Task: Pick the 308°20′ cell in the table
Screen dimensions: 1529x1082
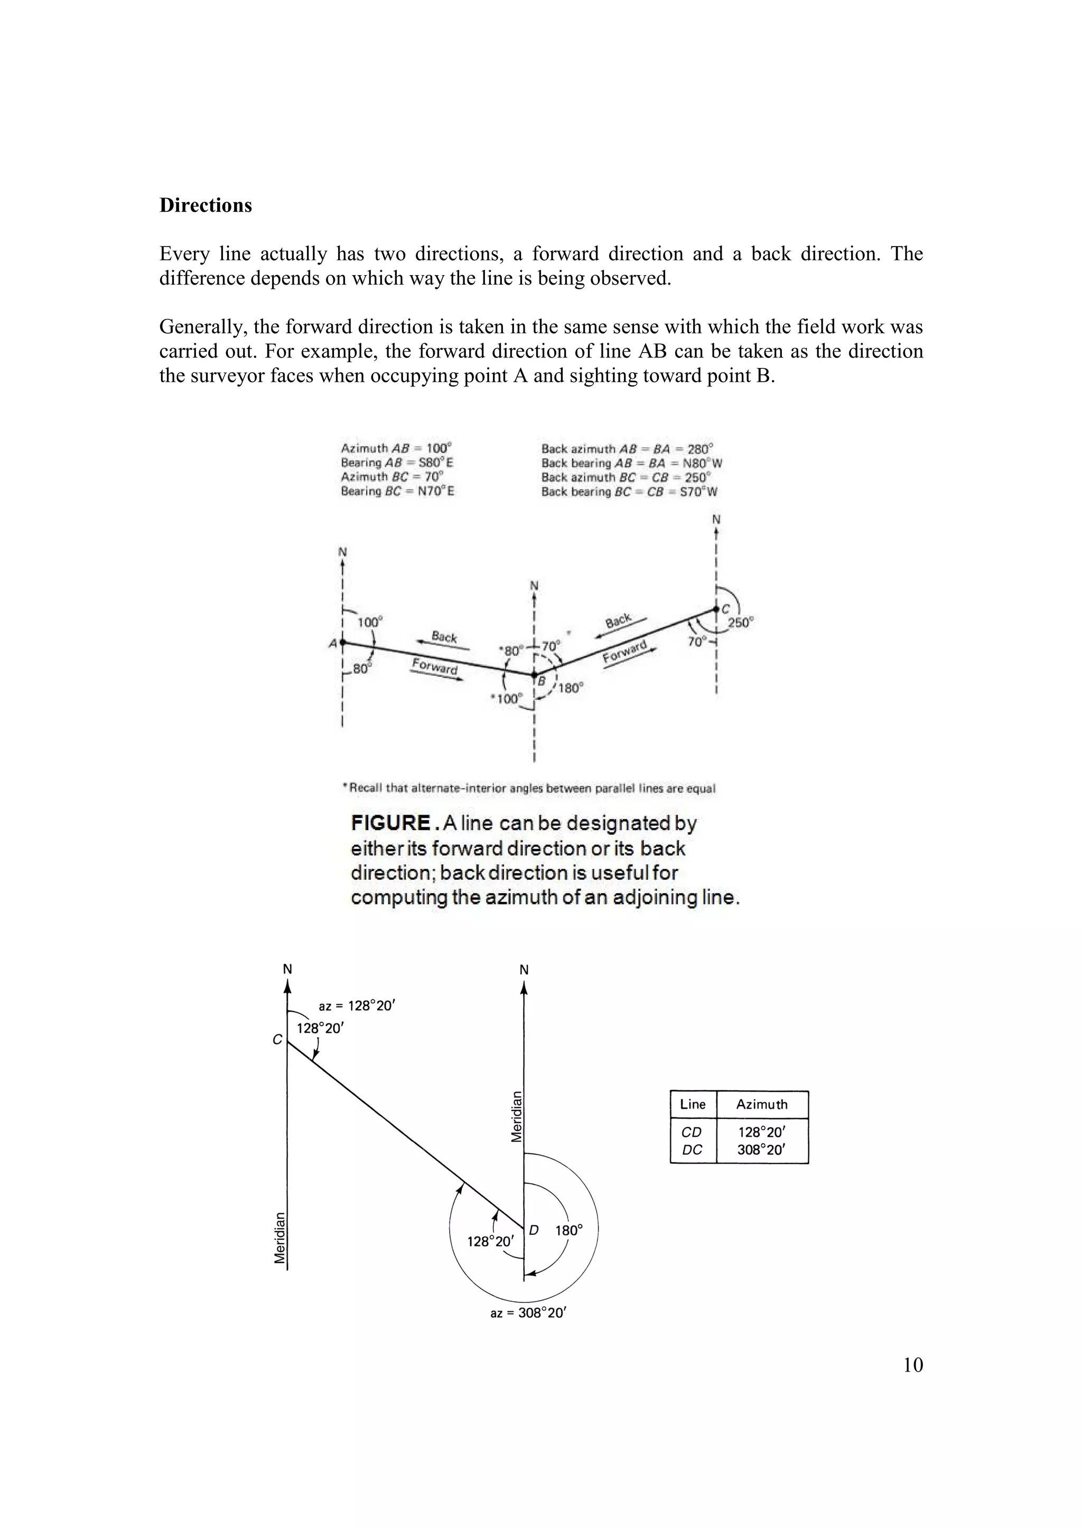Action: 761,1149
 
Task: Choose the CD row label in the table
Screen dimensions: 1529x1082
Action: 692,1132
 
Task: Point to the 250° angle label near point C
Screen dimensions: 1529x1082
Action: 740,622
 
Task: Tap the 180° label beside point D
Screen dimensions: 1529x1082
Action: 569,1231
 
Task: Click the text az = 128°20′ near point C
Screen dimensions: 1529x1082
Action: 357,1006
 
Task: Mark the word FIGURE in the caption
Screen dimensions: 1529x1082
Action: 390,823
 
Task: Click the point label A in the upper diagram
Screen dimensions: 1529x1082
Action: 332,643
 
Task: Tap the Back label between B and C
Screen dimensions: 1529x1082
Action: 618,621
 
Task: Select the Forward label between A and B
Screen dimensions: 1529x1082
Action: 434,665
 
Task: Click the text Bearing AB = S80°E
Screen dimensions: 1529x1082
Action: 397,463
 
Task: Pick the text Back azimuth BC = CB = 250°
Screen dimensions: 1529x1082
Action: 626,477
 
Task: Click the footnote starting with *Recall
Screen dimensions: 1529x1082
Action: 528,788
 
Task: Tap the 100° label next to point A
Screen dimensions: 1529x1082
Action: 370,622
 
